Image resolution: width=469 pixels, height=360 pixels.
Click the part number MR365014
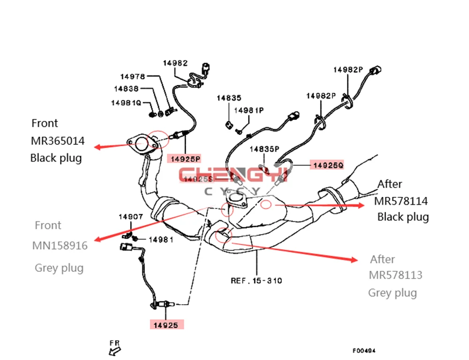pyautogui.click(x=58, y=141)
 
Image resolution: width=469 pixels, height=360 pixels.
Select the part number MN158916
pyautogui.click(x=60, y=246)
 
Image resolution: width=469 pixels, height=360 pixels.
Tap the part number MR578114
pyautogui.click(x=401, y=201)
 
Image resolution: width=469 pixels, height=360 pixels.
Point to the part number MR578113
pyautogui.click(x=395, y=275)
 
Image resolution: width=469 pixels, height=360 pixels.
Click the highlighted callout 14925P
pyautogui.click(x=185, y=159)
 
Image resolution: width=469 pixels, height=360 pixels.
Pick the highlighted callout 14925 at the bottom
pyautogui.click(x=166, y=324)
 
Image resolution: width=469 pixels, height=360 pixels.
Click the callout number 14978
pyautogui.click(x=133, y=76)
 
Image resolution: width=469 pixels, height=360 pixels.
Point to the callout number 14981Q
pyautogui.click(x=126, y=102)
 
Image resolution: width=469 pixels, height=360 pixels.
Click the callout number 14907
pyautogui.click(x=130, y=217)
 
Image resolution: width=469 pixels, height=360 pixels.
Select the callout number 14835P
pyautogui.click(x=264, y=149)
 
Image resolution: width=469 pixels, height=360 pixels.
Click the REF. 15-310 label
pyautogui.click(x=256, y=281)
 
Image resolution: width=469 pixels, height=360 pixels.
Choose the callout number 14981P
pyautogui.click(x=249, y=110)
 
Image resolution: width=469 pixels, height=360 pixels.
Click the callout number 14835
pyautogui.click(x=228, y=98)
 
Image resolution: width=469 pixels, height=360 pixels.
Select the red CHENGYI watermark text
pyautogui.click(x=234, y=175)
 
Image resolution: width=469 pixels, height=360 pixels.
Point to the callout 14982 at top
pyautogui.click(x=175, y=63)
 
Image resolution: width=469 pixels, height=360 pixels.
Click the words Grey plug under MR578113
pyautogui.click(x=392, y=293)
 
